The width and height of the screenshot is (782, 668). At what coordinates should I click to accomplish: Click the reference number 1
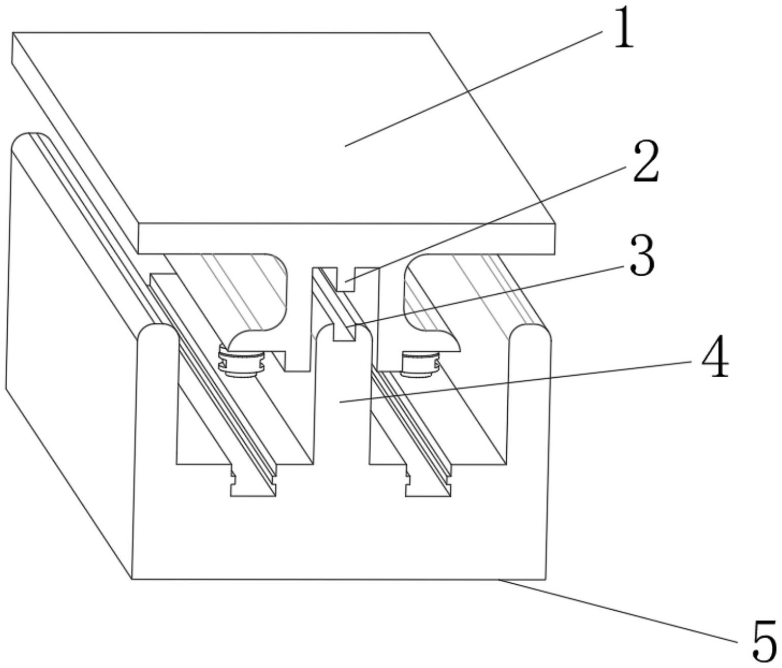[624, 31]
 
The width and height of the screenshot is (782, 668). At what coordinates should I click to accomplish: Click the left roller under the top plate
[241, 363]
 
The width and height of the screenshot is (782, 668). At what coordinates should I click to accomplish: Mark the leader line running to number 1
[472, 89]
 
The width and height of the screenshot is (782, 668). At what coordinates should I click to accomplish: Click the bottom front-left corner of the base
[132, 578]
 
